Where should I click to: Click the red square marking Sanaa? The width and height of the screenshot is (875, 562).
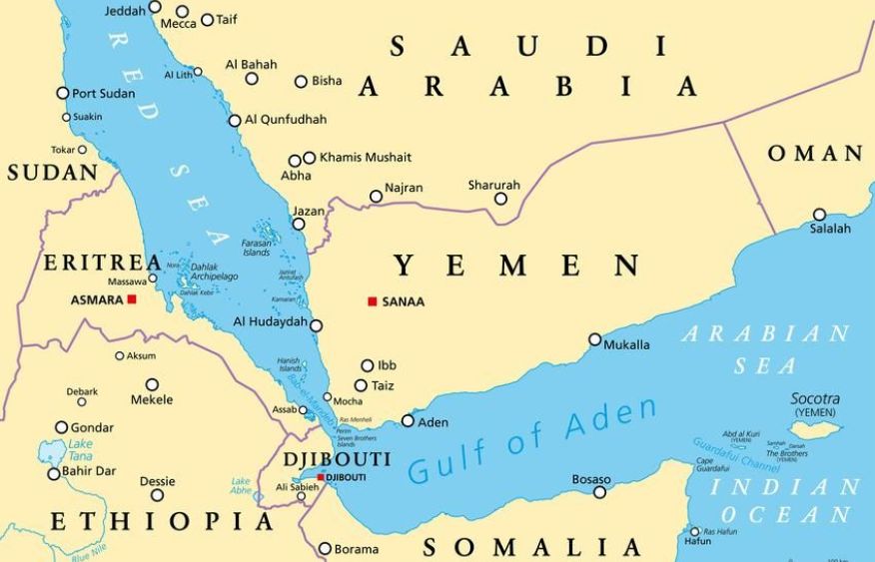[x=373, y=301]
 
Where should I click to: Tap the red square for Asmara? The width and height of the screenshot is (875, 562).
[x=132, y=298]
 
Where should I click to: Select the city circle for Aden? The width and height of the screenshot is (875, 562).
[x=408, y=421]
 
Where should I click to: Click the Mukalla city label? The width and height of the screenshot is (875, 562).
[x=626, y=345]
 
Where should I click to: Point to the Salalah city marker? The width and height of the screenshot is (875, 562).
[x=819, y=215]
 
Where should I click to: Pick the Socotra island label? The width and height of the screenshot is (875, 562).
[x=815, y=398]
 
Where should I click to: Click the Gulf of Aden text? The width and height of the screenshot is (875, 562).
[x=533, y=440]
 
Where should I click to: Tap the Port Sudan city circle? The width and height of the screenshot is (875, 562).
[x=63, y=93]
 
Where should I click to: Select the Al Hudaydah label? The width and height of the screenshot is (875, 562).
[x=270, y=321]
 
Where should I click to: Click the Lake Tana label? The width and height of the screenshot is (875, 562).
[x=80, y=449]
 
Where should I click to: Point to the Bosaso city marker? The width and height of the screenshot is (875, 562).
[x=599, y=492]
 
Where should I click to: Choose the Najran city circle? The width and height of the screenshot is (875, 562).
[x=376, y=197]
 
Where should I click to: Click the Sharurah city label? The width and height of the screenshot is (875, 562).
[x=493, y=185]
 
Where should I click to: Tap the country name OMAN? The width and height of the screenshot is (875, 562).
[x=815, y=154]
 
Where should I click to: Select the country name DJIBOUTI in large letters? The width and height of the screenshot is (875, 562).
[x=337, y=459]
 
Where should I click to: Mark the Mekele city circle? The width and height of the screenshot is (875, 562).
[x=152, y=384]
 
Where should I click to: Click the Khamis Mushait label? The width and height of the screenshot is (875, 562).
[x=365, y=157]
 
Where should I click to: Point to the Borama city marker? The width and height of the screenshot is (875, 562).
[x=325, y=548]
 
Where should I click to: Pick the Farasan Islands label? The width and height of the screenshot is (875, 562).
[x=256, y=248]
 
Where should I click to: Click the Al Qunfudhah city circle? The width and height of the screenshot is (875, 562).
[x=235, y=121]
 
